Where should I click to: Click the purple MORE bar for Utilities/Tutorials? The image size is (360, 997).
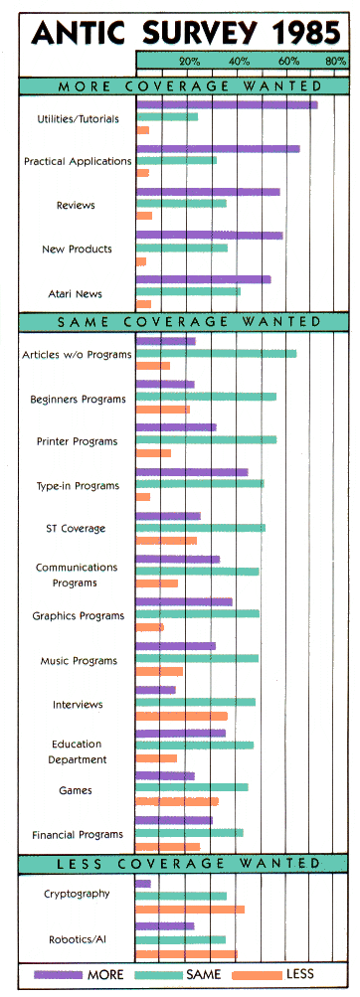coord(227,104)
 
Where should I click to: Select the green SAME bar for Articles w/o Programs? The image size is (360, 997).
coord(216,353)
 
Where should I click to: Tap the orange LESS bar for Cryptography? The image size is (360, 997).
coord(190,909)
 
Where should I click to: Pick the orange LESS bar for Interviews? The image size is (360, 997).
coord(181,716)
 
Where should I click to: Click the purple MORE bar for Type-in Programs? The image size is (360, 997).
coord(192,472)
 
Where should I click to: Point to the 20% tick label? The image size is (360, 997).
coord(189,62)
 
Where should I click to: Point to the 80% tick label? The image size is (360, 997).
coord(335,62)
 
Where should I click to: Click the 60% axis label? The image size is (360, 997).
coord(288,62)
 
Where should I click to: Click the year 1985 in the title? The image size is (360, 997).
coord(295,33)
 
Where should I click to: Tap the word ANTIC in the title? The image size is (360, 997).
coord(81,33)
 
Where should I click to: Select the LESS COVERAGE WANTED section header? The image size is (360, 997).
coord(180,863)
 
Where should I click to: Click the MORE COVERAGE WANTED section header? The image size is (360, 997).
coord(180,86)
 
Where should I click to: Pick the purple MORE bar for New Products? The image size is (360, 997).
coord(209,236)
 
